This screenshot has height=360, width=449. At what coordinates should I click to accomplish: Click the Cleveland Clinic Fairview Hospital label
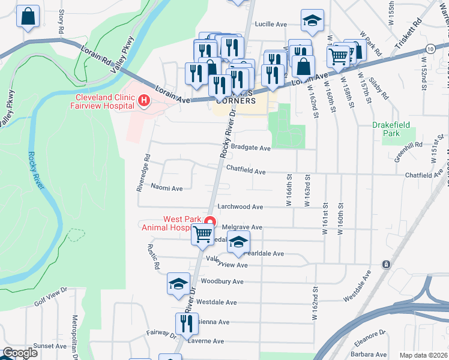pyautogui.click(x=104, y=101)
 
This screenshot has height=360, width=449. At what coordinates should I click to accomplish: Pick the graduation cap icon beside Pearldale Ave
pyautogui.click(x=239, y=242)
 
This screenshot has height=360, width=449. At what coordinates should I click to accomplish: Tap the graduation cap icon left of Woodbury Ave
pyautogui.click(x=178, y=283)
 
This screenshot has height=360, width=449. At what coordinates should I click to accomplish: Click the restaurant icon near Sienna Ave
pyautogui.click(x=186, y=323)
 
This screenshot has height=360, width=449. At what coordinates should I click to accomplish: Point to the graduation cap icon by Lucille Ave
pyautogui.click(x=312, y=20)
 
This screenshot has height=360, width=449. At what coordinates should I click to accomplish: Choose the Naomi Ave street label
pyautogui.click(x=167, y=188)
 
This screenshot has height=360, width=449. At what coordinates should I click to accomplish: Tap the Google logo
pyautogui.click(x=20, y=353)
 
